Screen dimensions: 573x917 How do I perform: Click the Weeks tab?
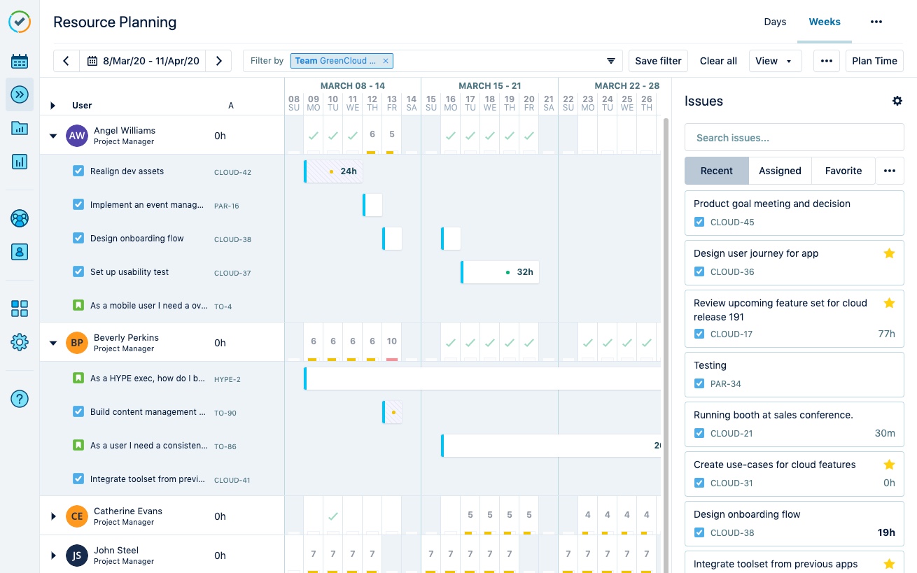[825, 22]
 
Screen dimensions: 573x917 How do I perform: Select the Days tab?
[775, 22]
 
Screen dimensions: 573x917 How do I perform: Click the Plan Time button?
[874, 61]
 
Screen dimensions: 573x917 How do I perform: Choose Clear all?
[718, 61]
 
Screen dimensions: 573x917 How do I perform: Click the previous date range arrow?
[66, 61]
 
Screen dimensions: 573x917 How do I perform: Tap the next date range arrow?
[219, 61]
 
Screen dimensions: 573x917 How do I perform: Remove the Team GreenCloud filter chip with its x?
[385, 61]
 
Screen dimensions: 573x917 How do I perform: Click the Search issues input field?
[794, 138]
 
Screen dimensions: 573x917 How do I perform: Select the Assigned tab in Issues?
[780, 171]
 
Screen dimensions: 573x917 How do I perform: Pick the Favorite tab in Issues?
[843, 171]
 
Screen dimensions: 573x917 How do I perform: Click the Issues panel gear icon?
[897, 101]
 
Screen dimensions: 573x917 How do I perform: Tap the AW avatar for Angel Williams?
[77, 136]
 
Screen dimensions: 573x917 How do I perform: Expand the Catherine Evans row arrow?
[53, 516]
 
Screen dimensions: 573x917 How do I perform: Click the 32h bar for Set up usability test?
[500, 272]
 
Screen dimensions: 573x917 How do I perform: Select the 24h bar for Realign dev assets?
[334, 171]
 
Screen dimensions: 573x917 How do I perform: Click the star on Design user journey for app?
[889, 253]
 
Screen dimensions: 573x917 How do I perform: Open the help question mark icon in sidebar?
[20, 399]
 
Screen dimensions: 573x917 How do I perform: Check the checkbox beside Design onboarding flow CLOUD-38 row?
[78, 238]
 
